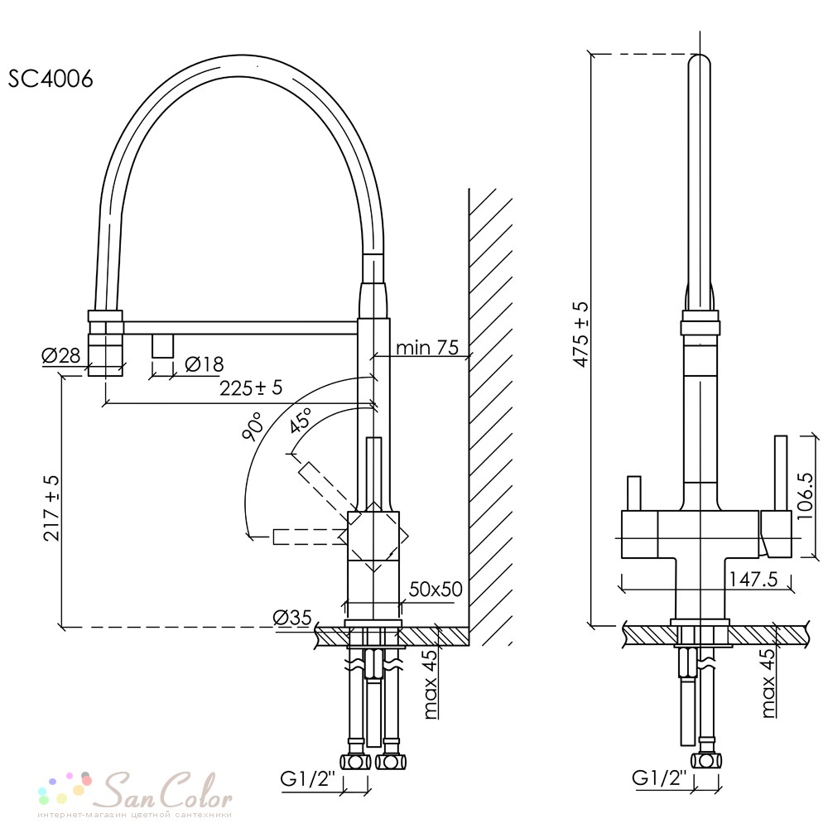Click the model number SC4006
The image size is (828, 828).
(51, 79)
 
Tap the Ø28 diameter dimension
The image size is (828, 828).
(61, 356)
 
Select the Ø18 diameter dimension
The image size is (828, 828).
(205, 363)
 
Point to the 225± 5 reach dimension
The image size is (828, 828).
(252, 388)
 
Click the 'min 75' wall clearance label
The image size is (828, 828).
(427, 348)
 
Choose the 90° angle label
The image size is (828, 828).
(253, 426)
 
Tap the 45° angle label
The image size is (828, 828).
(301, 420)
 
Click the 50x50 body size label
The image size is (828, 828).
(436, 589)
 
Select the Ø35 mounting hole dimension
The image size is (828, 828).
(292, 617)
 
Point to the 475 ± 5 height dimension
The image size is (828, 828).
(581, 335)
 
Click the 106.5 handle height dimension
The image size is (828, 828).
(806, 496)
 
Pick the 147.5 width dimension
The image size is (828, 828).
(753, 580)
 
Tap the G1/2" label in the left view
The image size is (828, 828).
(308, 779)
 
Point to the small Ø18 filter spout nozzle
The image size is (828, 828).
(162, 346)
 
